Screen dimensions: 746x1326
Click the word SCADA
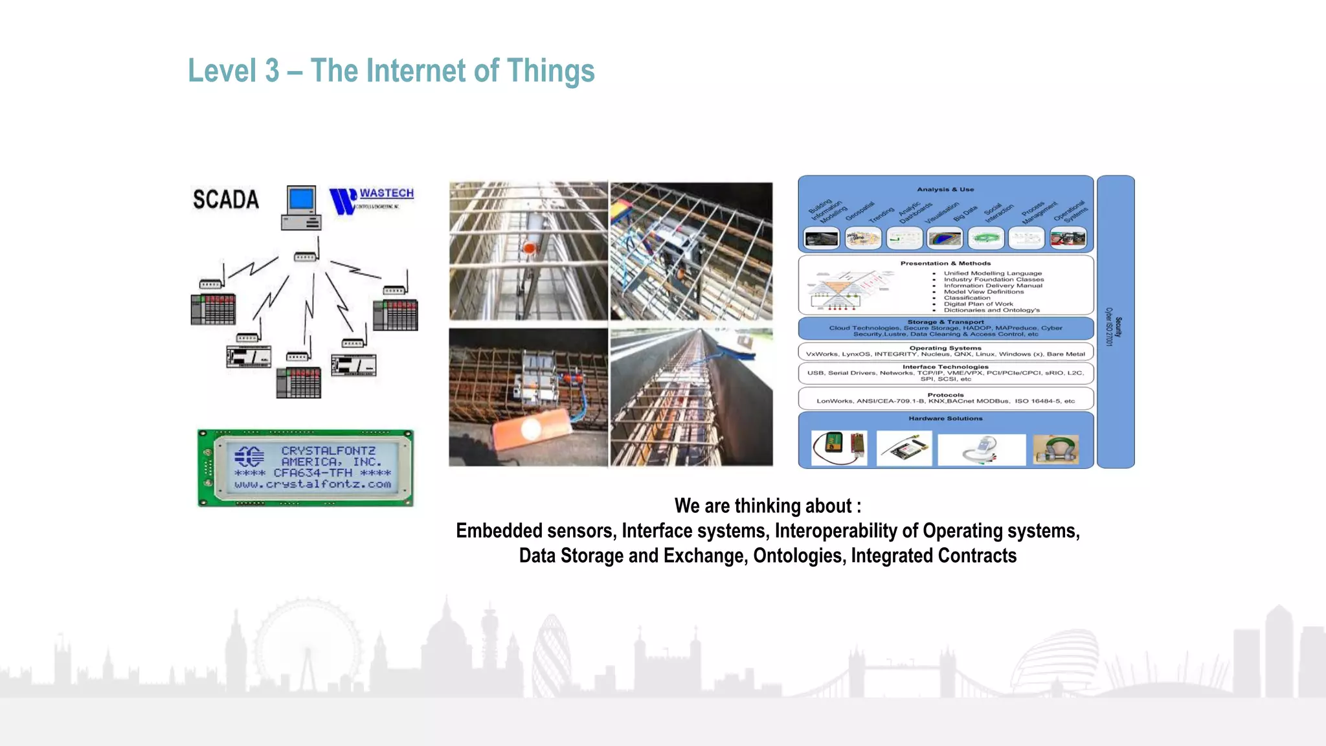point(225,199)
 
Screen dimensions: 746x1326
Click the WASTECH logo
point(371,200)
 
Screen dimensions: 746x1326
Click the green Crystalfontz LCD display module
point(306,468)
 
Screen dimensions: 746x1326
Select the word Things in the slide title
point(550,71)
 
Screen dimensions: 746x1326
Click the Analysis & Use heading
point(945,190)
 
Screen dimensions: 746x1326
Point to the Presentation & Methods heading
point(945,264)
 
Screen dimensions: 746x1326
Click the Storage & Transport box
point(945,328)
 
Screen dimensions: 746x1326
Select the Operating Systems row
point(945,352)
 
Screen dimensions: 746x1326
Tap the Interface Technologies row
point(945,373)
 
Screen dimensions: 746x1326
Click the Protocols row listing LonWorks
point(945,398)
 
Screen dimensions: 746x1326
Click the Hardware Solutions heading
point(945,419)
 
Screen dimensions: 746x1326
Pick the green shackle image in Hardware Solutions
point(1055,449)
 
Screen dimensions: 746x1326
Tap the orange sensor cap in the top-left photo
point(530,248)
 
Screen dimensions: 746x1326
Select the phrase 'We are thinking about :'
point(767,506)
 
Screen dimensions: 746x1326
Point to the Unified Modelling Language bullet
point(993,273)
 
